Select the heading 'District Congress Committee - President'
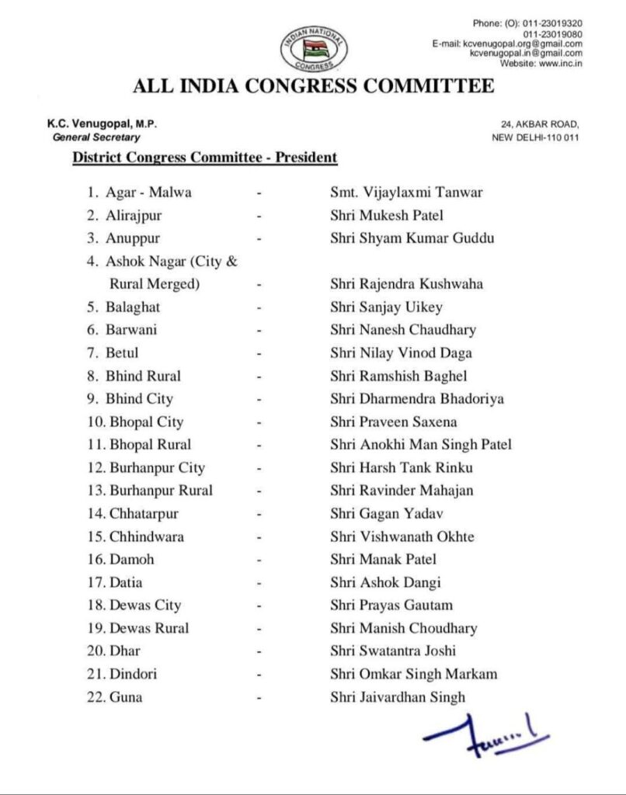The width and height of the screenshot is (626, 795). (204, 158)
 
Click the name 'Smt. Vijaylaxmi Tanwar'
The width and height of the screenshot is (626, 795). (406, 192)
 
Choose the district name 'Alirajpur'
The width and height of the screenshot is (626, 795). (134, 215)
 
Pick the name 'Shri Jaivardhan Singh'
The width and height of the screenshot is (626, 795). (398, 697)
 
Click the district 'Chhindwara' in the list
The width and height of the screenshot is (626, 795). (146, 536)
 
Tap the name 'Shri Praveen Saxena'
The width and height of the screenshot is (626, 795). (393, 422)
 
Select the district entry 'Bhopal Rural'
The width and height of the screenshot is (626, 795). (150, 445)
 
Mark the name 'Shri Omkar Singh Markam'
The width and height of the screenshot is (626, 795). (413, 674)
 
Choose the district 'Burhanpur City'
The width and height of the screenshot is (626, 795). (157, 468)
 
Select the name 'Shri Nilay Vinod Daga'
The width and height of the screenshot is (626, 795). (401, 353)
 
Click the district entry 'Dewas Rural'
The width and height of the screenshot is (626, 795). (148, 628)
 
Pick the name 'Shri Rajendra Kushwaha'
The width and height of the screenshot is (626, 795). (406, 284)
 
